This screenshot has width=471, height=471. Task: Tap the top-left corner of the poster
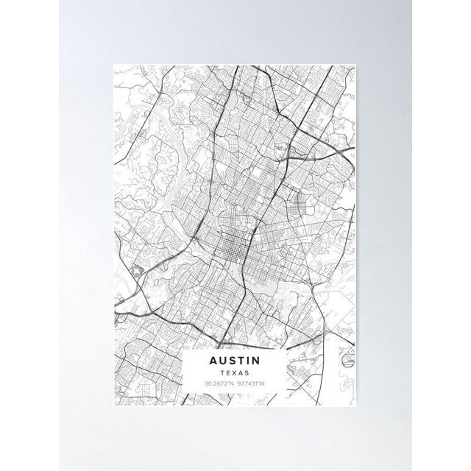[x=113, y=64]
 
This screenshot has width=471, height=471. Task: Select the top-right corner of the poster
[x=358, y=64]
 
